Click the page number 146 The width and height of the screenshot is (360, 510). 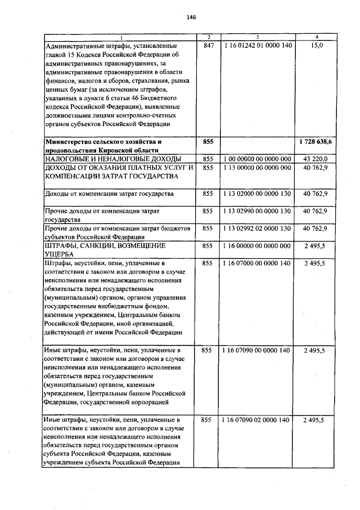click(191, 17)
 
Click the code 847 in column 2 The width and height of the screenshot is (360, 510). click(208, 45)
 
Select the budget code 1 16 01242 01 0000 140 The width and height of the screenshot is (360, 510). click(258, 45)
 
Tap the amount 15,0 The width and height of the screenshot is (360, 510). click(316, 45)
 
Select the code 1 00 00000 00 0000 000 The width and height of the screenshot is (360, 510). click(258, 159)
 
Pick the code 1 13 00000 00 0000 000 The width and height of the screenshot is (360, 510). click(258, 168)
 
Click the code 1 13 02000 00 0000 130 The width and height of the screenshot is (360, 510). click(258, 194)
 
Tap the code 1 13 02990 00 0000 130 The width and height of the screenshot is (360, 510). click(258, 211)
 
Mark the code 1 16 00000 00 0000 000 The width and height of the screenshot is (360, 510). click(258, 245)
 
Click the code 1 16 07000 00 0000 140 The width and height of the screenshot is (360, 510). click(258, 263)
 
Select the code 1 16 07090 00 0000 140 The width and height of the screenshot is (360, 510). click(258, 350)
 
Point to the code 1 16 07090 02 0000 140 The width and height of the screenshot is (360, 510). click(258, 420)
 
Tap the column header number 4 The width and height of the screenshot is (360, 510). click(316, 37)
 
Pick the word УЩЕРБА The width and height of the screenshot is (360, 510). click(60, 254)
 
